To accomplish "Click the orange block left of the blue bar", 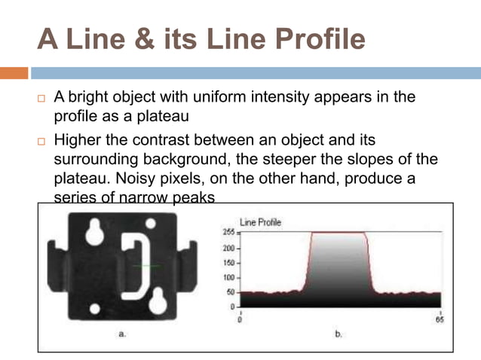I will (14, 73).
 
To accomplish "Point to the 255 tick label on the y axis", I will (225, 233).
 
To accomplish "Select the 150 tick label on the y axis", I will (225, 263).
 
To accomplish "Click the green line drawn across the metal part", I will (144, 267).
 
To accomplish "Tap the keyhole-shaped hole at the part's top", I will (95, 232).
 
